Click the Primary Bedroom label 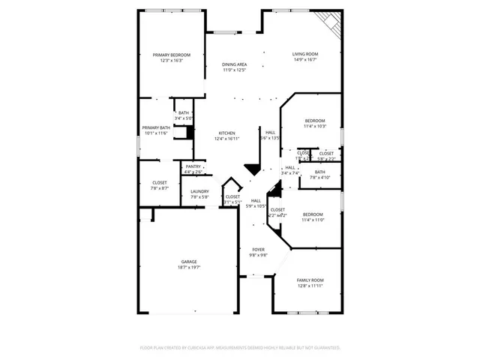pyautogui.click(x=172, y=55)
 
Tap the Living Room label pyautogui.click(x=305, y=54)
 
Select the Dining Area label pyautogui.click(x=234, y=64)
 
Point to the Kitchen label pyautogui.click(x=226, y=133)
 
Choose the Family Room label pyautogui.click(x=309, y=280)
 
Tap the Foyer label pyautogui.click(x=258, y=250)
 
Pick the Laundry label pyautogui.click(x=199, y=191)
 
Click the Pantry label pyautogui.click(x=193, y=166)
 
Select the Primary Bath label pyautogui.click(x=156, y=127)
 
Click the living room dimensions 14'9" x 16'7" pyautogui.click(x=305, y=60)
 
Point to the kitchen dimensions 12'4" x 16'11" pyautogui.click(x=226, y=139)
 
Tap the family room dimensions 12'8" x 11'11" pyautogui.click(x=309, y=286)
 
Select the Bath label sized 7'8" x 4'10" pyautogui.click(x=319, y=172)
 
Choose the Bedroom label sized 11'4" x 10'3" pyautogui.click(x=315, y=121)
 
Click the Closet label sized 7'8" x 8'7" pyautogui.click(x=160, y=182)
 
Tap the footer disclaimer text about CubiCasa pyautogui.click(x=240, y=347)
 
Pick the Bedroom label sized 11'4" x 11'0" pyautogui.click(x=312, y=214)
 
